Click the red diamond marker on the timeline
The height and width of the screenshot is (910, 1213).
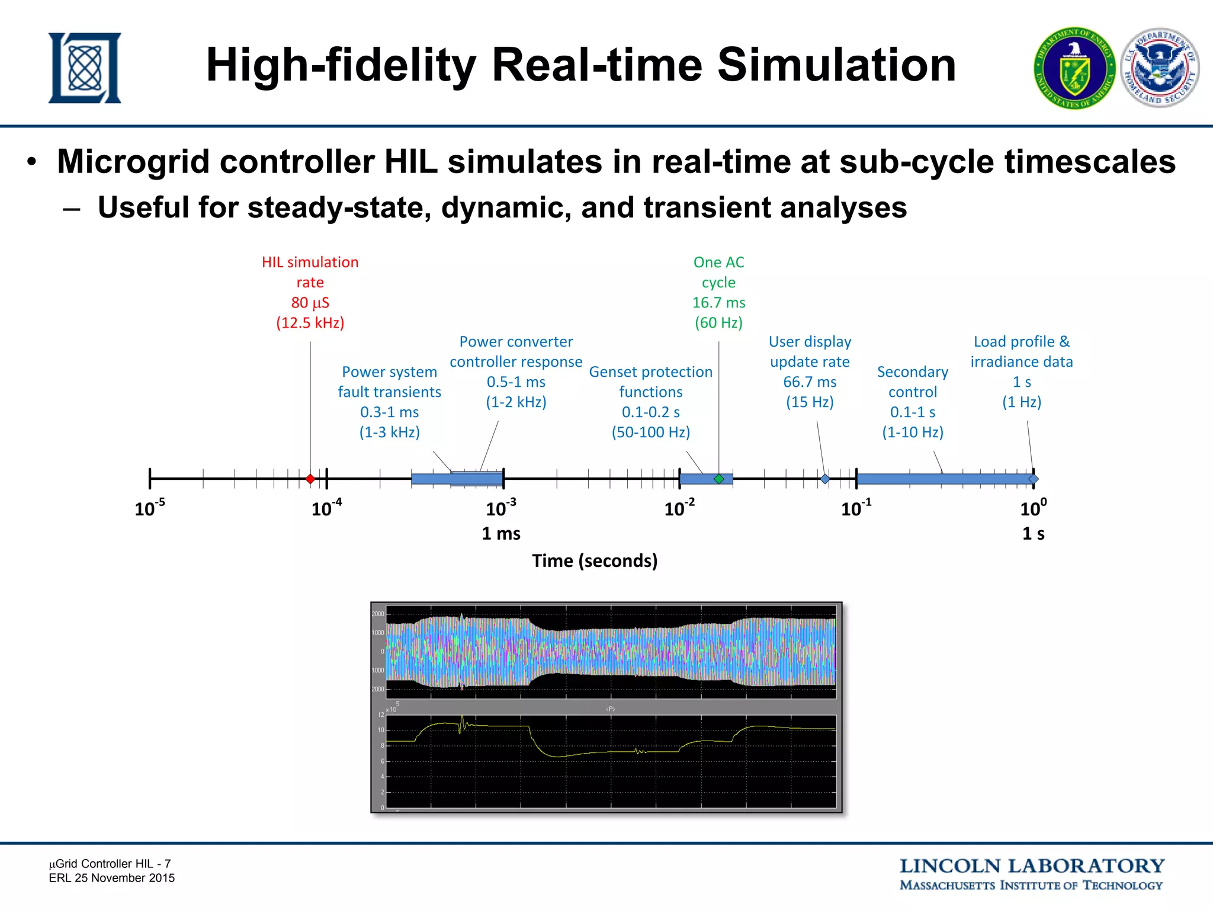(310, 479)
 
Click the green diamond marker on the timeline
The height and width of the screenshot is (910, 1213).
(718, 479)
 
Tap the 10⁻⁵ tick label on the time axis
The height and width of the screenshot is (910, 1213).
(149, 508)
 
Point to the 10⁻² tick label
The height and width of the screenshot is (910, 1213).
(679, 508)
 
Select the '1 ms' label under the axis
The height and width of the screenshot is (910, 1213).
(501, 534)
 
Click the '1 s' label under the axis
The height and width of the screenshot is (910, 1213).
(1034, 534)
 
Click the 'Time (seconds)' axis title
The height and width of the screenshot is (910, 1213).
(595, 560)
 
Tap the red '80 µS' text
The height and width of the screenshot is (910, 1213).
(310, 303)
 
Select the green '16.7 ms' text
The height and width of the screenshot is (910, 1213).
(718, 303)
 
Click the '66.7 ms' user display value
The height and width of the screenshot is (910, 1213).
(810, 382)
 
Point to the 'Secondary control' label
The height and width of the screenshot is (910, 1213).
(912, 382)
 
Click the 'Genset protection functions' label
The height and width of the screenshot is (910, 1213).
(650, 382)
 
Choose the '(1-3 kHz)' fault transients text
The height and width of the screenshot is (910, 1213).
(389, 432)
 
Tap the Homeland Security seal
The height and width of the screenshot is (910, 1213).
(1160, 68)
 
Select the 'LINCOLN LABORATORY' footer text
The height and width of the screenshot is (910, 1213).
(1032, 866)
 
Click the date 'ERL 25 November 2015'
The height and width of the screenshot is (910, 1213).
(112, 878)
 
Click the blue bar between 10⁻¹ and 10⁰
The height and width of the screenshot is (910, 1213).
(945, 479)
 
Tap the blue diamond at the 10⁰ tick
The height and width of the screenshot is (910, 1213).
(1034, 479)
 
